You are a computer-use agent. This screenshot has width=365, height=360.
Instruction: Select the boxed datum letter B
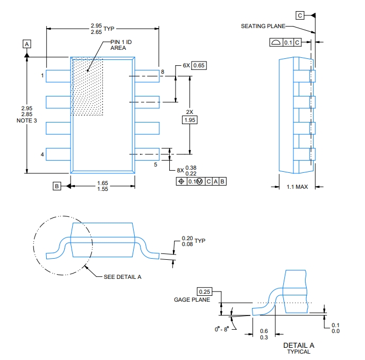[x=56, y=186]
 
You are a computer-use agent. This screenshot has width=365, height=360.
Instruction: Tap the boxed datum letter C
[x=301, y=15]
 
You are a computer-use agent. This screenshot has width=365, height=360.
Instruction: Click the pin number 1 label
[x=42, y=76]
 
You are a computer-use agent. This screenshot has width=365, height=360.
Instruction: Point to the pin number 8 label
[x=162, y=71]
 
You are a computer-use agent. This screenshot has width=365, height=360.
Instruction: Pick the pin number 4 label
[x=42, y=154]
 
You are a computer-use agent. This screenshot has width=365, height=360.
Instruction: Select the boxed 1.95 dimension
[x=189, y=120]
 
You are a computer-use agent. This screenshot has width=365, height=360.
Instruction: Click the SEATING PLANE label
[x=263, y=26]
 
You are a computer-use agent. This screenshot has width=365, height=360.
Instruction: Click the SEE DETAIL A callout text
[x=122, y=277]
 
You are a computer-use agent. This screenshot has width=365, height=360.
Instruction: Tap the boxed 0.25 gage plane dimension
[x=204, y=292]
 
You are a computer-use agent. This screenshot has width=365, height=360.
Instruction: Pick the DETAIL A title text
[x=299, y=345]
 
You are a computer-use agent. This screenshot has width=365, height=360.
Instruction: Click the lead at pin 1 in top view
[x=58, y=76]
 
